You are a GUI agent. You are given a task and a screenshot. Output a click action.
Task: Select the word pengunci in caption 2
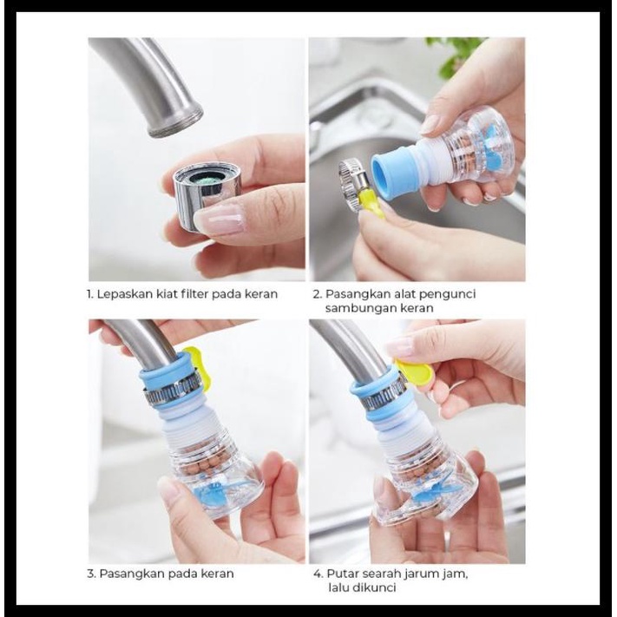click(451, 294)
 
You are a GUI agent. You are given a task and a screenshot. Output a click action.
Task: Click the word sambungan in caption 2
click(358, 308)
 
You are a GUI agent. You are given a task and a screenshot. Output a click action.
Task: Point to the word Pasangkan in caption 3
click(128, 574)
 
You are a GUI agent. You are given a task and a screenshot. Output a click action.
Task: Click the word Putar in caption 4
click(340, 574)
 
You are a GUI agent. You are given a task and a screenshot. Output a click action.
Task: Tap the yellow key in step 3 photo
click(196, 365)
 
